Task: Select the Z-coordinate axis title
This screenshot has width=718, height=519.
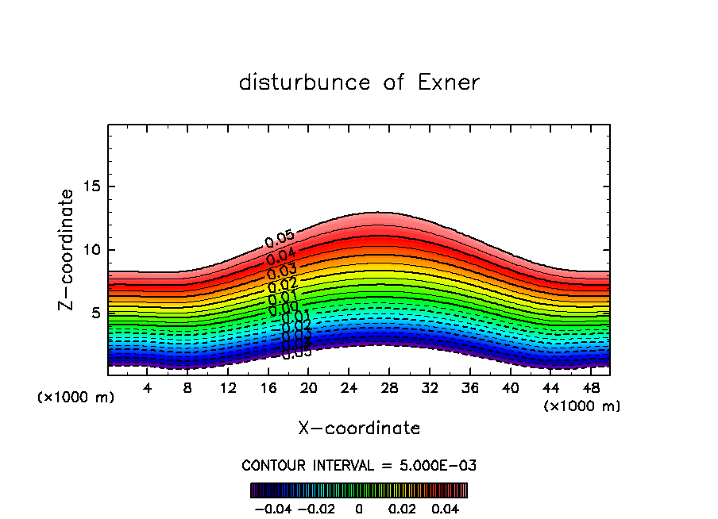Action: click(67, 250)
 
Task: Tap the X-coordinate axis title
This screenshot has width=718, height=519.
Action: click(359, 428)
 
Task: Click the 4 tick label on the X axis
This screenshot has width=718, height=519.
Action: click(147, 388)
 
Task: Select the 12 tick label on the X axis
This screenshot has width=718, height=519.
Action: click(228, 388)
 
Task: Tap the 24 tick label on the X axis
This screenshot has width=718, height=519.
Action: click(349, 388)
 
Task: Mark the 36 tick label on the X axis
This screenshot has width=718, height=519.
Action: click(469, 388)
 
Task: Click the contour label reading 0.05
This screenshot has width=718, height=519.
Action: click(280, 238)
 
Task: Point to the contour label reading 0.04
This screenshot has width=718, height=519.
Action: click(281, 256)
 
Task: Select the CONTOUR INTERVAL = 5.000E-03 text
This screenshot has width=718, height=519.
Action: click(359, 465)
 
